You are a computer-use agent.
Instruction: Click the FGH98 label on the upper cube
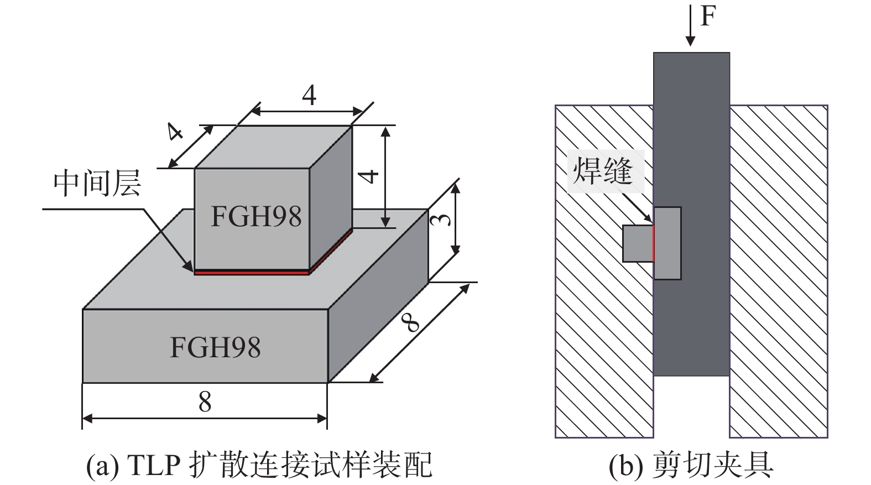(x=256, y=216)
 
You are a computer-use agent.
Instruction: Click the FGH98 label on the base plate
(x=215, y=347)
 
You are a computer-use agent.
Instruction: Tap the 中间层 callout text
(x=97, y=183)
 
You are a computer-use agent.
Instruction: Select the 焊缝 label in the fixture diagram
(x=603, y=171)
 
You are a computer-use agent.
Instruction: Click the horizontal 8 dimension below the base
(x=205, y=402)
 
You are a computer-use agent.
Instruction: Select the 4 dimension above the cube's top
(x=309, y=95)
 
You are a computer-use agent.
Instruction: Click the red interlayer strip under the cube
(x=252, y=272)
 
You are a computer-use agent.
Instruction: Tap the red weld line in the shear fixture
(x=653, y=243)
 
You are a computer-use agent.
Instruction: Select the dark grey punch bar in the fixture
(x=691, y=321)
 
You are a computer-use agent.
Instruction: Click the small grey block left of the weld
(x=637, y=243)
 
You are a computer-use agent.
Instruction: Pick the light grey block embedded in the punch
(x=667, y=243)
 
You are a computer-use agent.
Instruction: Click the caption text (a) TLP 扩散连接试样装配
(x=259, y=465)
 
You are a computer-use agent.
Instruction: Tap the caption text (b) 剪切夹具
(x=691, y=465)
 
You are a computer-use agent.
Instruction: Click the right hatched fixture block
(x=779, y=271)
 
